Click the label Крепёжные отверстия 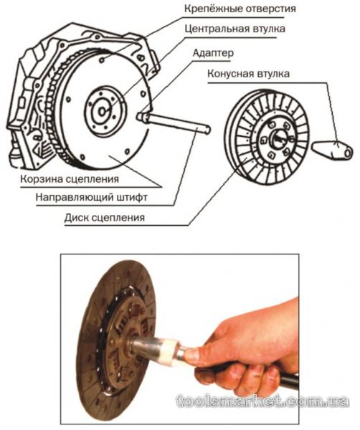pyautogui.click(x=240, y=9)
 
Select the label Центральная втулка pyautogui.click(x=235, y=29)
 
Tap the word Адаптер pyautogui.click(x=213, y=52)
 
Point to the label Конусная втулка pyautogui.click(x=248, y=74)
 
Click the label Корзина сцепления pyautogui.click(x=70, y=179)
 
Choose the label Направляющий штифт pyautogui.click(x=91, y=198)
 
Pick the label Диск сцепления pyautogui.click(x=105, y=218)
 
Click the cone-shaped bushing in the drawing pyautogui.click(x=332, y=150)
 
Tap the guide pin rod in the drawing pyautogui.click(x=176, y=124)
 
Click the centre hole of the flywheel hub pyautogui.click(x=103, y=111)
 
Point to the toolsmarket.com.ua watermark pyautogui.click(x=262, y=401)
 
